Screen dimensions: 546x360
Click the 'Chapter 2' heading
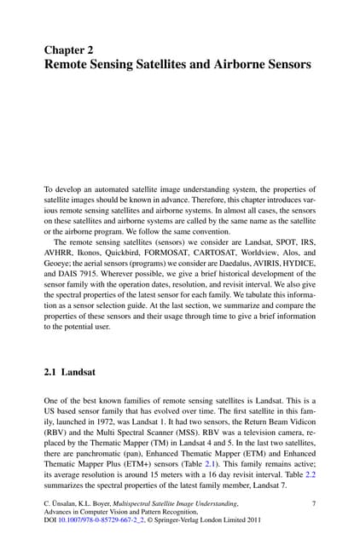coord(69,50)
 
